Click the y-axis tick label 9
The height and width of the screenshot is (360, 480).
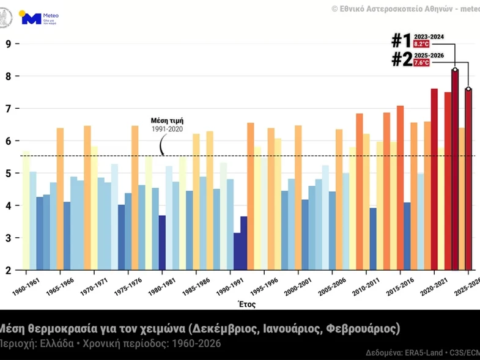pyautogui.click(x=9, y=44)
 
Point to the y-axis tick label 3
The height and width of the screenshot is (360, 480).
pyautogui.click(x=9, y=238)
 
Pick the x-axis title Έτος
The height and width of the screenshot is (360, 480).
pyautogui.click(x=247, y=304)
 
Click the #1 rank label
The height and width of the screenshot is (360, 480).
pyautogui.click(x=401, y=41)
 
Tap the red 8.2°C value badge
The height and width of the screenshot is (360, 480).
pyautogui.click(x=422, y=45)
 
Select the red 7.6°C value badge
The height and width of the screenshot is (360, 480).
pyautogui.click(x=422, y=63)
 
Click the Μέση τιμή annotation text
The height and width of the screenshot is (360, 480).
pyautogui.click(x=167, y=121)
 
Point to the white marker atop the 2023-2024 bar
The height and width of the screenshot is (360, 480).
pyautogui.click(x=455, y=70)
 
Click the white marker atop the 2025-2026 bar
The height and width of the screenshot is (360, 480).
pyautogui.click(x=468, y=89)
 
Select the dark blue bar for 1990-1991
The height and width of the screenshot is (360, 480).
pyautogui.click(x=237, y=251)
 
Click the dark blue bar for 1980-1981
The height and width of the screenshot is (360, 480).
pyautogui.click(x=162, y=243)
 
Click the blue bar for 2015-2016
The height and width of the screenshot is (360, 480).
pyautogui.click(x=407, y=236)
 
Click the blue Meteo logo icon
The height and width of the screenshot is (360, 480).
pyautogui.click(x=31, y=18)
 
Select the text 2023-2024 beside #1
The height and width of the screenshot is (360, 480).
pyautogui.click(x=429, y=37)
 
